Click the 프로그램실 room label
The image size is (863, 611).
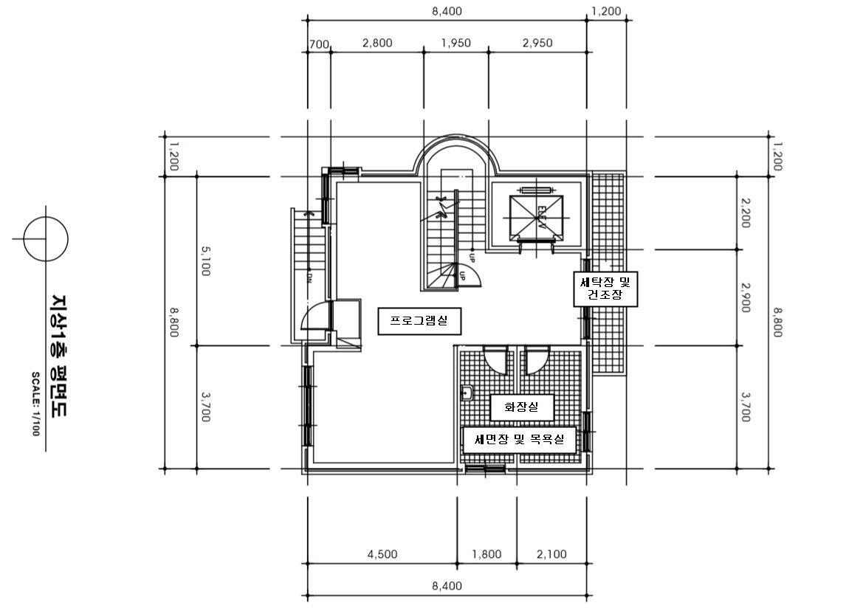[x=419, y=321]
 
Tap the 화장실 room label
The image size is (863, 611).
[x=522, y=407]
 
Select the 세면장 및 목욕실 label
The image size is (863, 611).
[x=520, y=440]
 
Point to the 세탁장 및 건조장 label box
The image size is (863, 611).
[x=605, y=289]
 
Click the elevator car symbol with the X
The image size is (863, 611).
[x=537, y=218]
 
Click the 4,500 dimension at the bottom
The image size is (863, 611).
[x=382, y=554]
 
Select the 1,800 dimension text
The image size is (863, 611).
[x=487, y=554]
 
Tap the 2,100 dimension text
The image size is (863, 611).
[x=551, y=554]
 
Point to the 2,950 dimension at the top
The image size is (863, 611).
[x=537, y=43]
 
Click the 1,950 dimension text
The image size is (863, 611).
[x=456, y=43]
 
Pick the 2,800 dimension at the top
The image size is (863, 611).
[x=377, y=43]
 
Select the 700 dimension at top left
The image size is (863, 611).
[x=319, y=44]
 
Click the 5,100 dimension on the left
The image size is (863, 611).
[x=204, y=260]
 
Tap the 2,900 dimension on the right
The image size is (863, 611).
[x=745, y=297]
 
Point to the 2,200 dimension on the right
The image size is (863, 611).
[x=745, y=213]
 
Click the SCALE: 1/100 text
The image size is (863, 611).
[x=35, y=404]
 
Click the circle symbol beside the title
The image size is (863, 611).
[x=46, y=239]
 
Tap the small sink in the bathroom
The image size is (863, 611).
[x=467, y=393]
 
